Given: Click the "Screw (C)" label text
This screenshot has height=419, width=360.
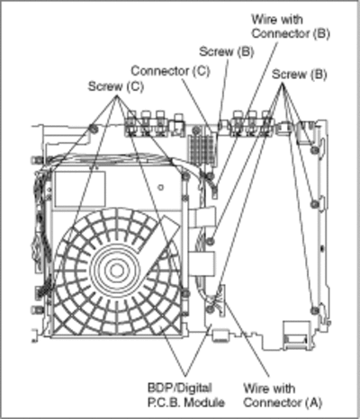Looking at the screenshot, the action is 116,86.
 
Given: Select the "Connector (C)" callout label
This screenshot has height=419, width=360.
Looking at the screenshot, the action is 170,71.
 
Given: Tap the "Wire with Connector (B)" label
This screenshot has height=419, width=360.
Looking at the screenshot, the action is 291,26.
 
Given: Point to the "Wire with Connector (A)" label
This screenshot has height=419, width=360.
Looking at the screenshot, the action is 283,396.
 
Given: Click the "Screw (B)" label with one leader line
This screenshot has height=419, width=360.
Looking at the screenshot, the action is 227,51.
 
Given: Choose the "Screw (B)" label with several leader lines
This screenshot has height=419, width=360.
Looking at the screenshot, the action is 299,75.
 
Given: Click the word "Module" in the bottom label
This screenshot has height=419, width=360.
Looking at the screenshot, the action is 204,402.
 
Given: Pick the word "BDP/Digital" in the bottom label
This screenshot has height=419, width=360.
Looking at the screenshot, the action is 180,388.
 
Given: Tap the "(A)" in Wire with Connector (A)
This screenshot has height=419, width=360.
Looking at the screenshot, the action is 314,402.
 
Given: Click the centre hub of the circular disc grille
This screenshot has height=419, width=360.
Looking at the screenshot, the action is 115,270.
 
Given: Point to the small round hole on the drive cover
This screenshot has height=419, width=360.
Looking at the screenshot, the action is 161,188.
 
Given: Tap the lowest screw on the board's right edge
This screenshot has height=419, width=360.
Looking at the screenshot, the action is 314,310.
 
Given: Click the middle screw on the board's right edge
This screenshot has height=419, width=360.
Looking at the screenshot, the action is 314,204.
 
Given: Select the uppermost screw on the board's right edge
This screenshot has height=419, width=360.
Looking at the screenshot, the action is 314,149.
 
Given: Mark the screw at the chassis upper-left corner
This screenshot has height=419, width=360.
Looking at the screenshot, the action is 94,129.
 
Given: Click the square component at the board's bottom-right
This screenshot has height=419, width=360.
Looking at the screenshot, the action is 296,335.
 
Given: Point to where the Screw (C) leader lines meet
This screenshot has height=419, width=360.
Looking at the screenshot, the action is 117,96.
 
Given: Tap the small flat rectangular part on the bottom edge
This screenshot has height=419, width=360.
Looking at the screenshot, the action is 220,335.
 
